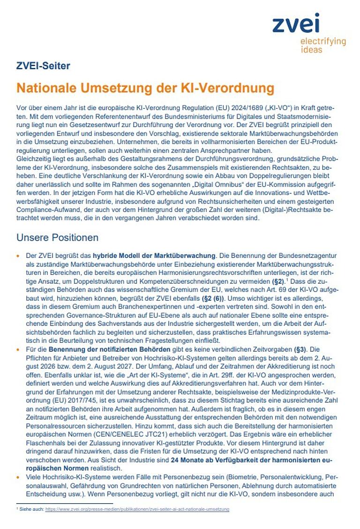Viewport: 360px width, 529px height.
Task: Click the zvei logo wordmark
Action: pos(296,23)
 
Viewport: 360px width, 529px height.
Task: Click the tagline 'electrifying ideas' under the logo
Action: pos(323,45)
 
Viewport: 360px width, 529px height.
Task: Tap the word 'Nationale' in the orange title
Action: pos(45,88)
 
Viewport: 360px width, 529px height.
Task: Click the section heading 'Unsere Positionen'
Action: pos(57,237)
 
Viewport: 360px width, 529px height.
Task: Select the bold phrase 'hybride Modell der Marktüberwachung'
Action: pos(154,256)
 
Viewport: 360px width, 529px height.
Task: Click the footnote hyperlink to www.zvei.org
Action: pos(137,509)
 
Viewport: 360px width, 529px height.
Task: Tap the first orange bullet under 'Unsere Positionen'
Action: pos(18,256)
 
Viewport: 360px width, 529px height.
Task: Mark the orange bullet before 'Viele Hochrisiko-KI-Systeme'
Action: pos(18,476)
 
